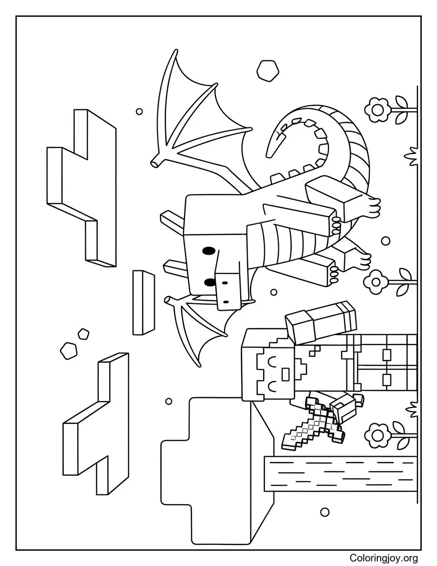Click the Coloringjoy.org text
[x=384, y=558]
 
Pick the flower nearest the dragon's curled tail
[x=378, y=109]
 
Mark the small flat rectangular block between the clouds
[x=143, y=302]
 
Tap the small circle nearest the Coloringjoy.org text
[x=324, y=512]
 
